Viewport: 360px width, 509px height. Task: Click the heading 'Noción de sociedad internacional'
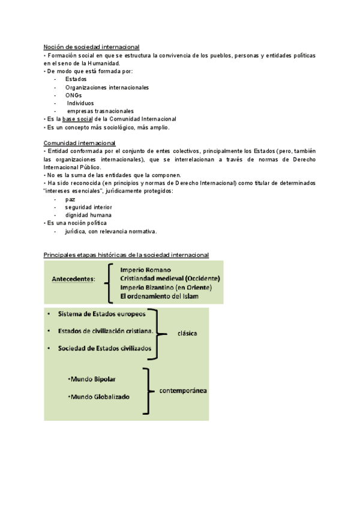pos(91,47)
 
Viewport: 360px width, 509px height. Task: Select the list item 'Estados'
pos(76,79)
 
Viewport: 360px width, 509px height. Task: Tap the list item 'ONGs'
pos(74,95)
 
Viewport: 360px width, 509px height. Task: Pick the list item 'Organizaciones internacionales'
pos(107,87)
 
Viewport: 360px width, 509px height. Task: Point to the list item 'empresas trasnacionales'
pos(100,111)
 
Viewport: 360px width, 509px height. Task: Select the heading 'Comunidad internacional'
pos(80,143)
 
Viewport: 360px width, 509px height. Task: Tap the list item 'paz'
pos(71,199)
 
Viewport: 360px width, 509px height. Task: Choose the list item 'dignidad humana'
pos(88,215)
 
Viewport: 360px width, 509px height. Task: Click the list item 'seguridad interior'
pos(89,207)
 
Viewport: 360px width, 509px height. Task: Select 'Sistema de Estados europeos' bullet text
pos(101,314)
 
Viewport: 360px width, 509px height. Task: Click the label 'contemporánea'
pos(183,391)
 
